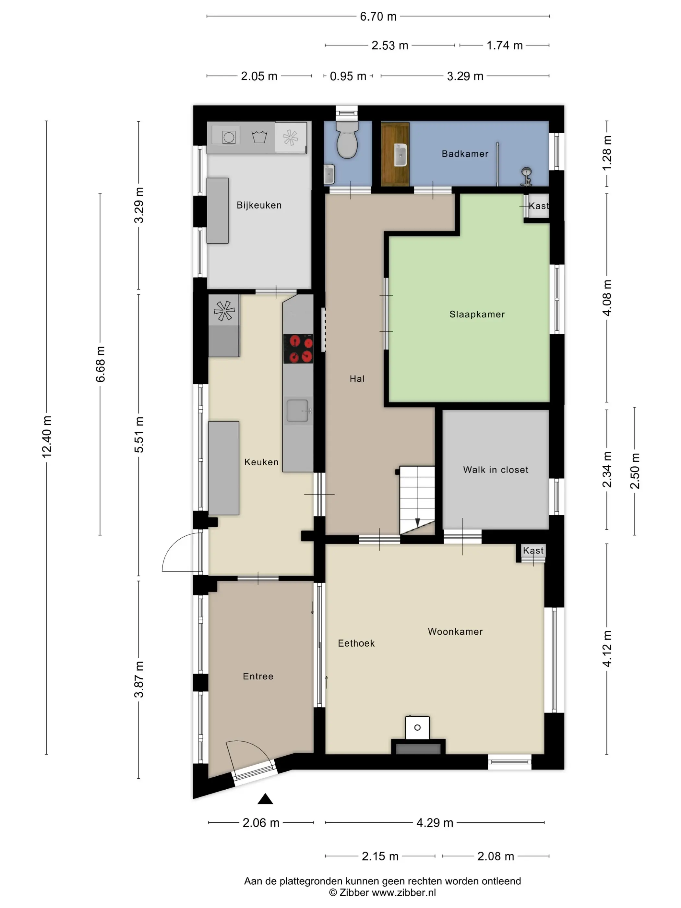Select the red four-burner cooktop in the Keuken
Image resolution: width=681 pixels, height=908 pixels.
298,349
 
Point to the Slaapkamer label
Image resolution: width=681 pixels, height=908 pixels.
477,315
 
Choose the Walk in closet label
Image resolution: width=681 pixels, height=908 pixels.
496,470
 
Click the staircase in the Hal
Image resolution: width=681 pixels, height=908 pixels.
417,500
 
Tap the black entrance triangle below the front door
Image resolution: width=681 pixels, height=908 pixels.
265,799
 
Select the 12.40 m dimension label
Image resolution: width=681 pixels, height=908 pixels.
47,436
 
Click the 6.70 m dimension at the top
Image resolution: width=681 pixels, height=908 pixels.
378,17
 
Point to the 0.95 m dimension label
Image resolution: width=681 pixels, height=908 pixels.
348,76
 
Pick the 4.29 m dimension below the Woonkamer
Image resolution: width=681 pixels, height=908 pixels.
435,823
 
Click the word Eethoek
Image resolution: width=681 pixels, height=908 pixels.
356,644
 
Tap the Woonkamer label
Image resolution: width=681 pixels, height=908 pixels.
455,632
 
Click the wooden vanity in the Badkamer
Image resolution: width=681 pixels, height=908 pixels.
395,154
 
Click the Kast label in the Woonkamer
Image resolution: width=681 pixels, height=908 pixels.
533,550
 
